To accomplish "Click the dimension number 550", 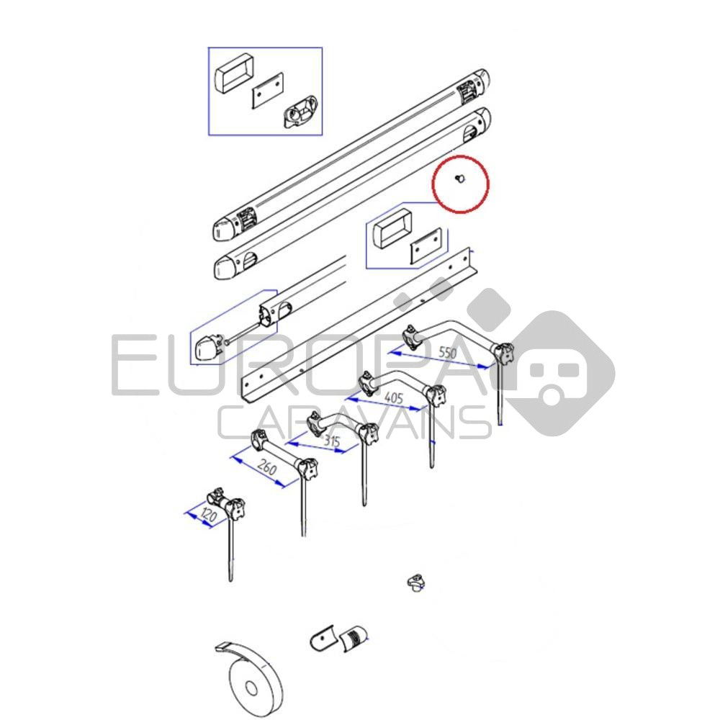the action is [x=447, y=352].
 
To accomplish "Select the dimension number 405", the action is [x=394, y=397].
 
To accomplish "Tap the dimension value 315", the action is [x=331, y=441].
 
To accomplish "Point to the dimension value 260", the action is [x=267, y=467].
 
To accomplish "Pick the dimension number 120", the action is [x=209, y=516].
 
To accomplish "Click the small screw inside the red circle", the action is [x=459, y=179].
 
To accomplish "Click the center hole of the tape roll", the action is [x=251, y=688].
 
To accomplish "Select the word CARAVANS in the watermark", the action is [x=354, y=423].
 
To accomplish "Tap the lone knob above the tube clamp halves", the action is [x=415, y=582].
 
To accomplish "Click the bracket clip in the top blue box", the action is [x=300, y=112].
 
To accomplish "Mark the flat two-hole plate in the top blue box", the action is [x=267, y=90].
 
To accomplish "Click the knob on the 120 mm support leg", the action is [x=235, y=508].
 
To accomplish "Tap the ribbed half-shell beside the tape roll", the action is [x=354, y=637].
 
